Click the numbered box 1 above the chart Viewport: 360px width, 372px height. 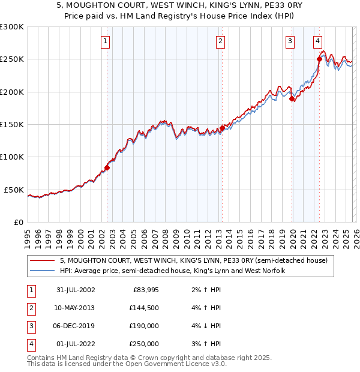(106, 41)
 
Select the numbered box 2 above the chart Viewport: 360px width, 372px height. (221, 41)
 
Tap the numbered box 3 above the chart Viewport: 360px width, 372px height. (290, 41)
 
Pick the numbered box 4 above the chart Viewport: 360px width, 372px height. (317, 41)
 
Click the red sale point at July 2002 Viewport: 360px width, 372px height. (107, 167)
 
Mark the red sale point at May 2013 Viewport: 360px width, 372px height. (222, 128)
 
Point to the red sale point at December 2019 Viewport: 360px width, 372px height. (292, 99)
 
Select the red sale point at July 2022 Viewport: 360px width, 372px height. (319, 59)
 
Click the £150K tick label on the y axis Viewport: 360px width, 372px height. (12, 124)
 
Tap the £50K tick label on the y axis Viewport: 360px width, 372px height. (14, 190)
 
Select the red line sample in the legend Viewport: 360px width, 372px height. (43, 261)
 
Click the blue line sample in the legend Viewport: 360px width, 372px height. (43, 271)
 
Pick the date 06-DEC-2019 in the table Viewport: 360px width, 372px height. (74, 326)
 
